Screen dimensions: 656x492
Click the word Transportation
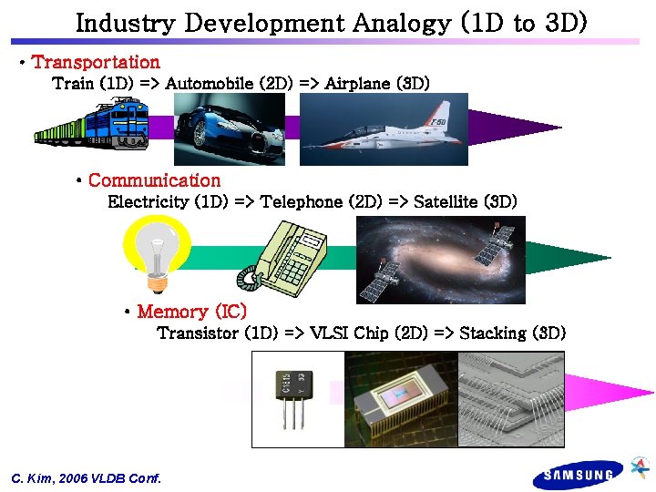96,62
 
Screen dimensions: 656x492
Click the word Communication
154,180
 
